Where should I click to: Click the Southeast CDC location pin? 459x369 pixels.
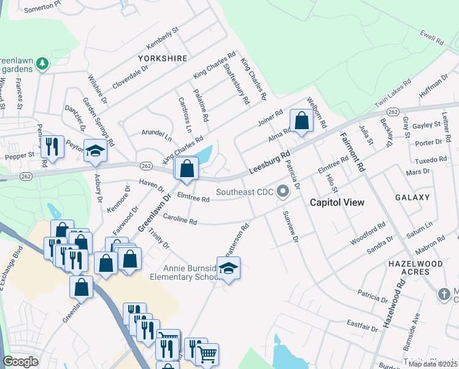click(x=283, y=192)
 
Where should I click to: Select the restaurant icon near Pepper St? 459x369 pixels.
click(x=52, y=146)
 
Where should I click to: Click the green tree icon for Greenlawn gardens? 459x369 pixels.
click(x=42, y=63)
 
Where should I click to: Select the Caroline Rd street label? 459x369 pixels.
click(x=179, y=219)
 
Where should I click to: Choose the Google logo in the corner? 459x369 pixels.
click(x=20, y=362)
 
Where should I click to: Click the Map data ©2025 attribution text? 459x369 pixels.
click(x=432, y=363)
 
